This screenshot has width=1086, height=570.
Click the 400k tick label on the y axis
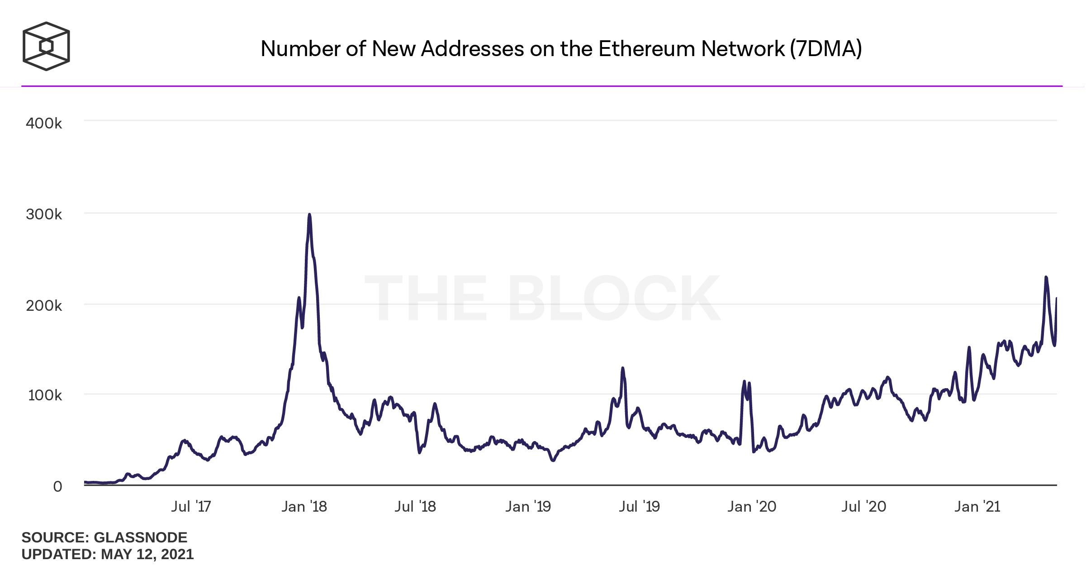[x=43, y=123]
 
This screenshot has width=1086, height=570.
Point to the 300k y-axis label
[x=43, y=214]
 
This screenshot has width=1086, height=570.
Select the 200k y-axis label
[x=43, y=305]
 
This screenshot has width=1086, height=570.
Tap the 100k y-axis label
[x=45, y=395]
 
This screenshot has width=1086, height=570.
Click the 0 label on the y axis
[x=57, y=486]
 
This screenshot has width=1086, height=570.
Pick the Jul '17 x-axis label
[x=191, y=506]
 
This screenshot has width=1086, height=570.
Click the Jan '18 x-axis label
[x=304, y=506]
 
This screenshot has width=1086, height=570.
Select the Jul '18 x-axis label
[x=415, y=506]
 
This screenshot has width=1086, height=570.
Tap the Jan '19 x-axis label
[x=528, y=506]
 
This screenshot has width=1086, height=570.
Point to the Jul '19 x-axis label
[x=639, y=506]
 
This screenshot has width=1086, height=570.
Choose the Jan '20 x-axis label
[x=752, y=506]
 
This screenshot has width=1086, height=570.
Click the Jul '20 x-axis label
[x=863, y=506]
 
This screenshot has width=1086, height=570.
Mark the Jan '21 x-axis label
[x=977, y=506]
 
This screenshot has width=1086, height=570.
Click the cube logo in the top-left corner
[x=46, y=46]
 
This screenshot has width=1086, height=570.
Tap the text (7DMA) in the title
[x=826, y=49]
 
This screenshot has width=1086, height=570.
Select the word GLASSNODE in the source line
[x=140, y=537]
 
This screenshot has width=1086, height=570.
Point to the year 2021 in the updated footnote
[x=177, y=554]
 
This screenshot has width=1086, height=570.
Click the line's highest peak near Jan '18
[x=309, y=215]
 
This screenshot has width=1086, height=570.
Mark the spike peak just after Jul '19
[x=623, y=368]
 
